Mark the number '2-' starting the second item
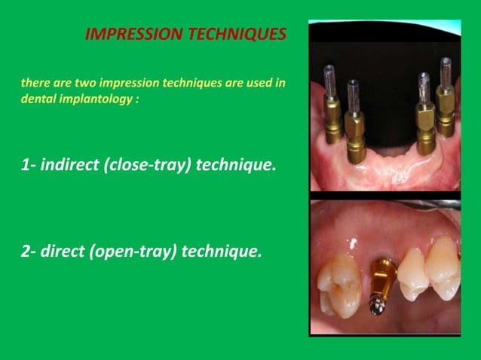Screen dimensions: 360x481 tap(28, 250)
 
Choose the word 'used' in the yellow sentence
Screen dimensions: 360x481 tap(262, 83)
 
